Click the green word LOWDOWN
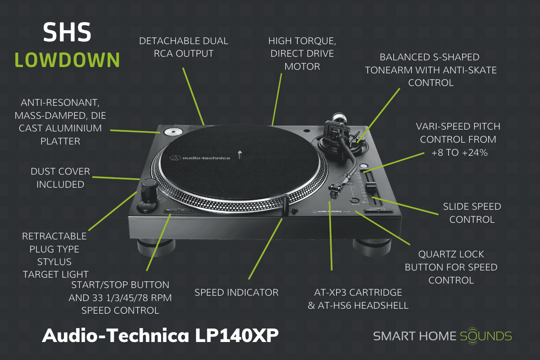(67, 59)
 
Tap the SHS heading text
(67, 32)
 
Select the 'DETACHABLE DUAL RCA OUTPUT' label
(184, 47)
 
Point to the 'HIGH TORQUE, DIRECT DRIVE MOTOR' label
(301, 54)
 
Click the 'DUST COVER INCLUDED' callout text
(60, 178)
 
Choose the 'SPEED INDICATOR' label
(236, 292)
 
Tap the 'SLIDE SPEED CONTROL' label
(472, 213)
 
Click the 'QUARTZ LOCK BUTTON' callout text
(451, 267)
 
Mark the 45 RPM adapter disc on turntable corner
(172, 132)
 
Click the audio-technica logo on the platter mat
(200, 157)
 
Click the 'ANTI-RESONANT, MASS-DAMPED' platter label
(60, 122)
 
